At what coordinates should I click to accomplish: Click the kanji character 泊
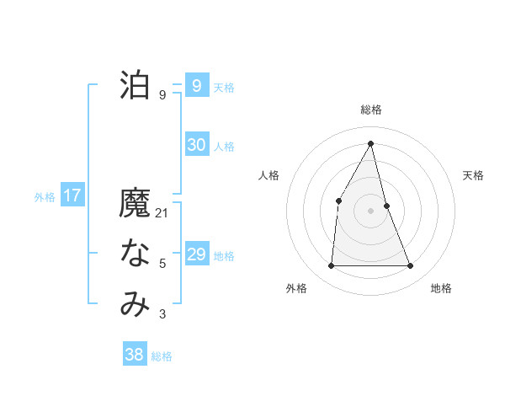[135, 86]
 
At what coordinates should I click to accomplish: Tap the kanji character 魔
[135, 205]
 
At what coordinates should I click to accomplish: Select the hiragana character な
[135, 254]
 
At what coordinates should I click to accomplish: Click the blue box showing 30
[196, 145]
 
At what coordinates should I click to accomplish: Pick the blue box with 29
[196, 254]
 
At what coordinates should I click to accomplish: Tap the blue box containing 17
[72, 196]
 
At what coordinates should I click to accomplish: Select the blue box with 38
[134, 355]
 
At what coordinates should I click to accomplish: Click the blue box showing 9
[196, 85]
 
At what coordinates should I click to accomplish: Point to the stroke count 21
[162, 213]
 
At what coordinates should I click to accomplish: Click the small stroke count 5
[162, 264]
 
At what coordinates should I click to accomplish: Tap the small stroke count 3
[162, 314]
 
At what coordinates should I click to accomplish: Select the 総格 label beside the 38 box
[162, 356]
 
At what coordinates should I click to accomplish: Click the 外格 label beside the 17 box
[45, 197]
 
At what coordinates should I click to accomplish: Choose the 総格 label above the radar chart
[371, 110]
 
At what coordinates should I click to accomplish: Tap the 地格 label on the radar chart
[441, 288]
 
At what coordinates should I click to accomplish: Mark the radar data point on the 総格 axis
[371, 143]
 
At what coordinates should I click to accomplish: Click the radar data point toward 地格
[411, 266]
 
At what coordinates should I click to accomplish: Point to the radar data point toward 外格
[331, 266]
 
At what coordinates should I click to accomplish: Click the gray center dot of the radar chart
[371, 210]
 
